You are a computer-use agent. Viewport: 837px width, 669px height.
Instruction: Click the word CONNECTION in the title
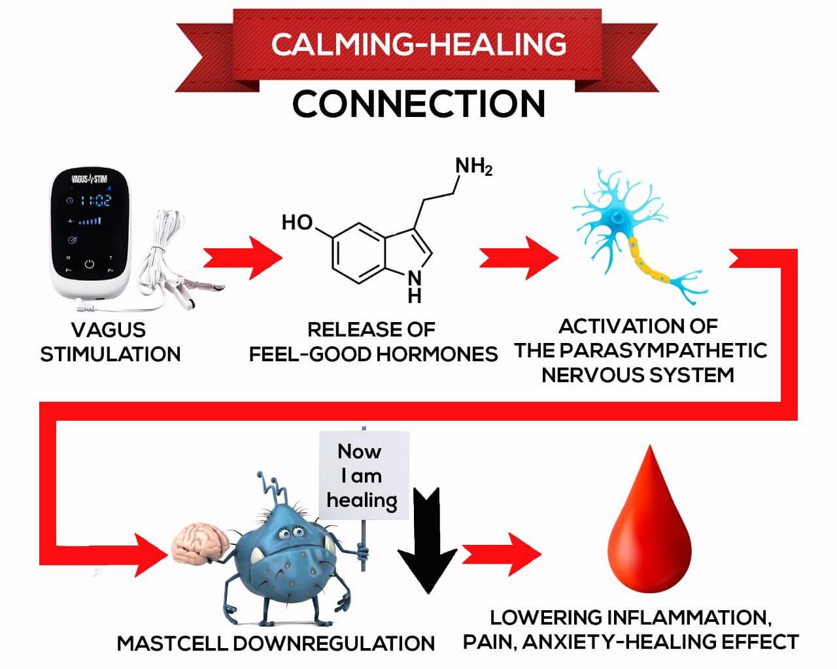pos(418,104)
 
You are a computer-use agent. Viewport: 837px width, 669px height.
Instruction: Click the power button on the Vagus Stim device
pos(90,265)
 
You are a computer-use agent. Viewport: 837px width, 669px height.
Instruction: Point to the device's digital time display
pos(95,201)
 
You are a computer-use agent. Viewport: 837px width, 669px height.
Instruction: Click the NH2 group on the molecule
pos(474,167)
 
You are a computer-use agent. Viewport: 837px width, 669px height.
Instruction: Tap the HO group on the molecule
pos(298,223)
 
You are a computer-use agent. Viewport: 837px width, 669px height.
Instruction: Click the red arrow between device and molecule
pos(242,259)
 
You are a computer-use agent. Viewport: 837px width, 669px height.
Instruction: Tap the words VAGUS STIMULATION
pos(110,341)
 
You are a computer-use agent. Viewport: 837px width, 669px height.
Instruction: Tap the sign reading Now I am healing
pos(363,475)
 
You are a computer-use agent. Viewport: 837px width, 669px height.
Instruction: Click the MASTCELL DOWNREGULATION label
pos(275,643)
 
